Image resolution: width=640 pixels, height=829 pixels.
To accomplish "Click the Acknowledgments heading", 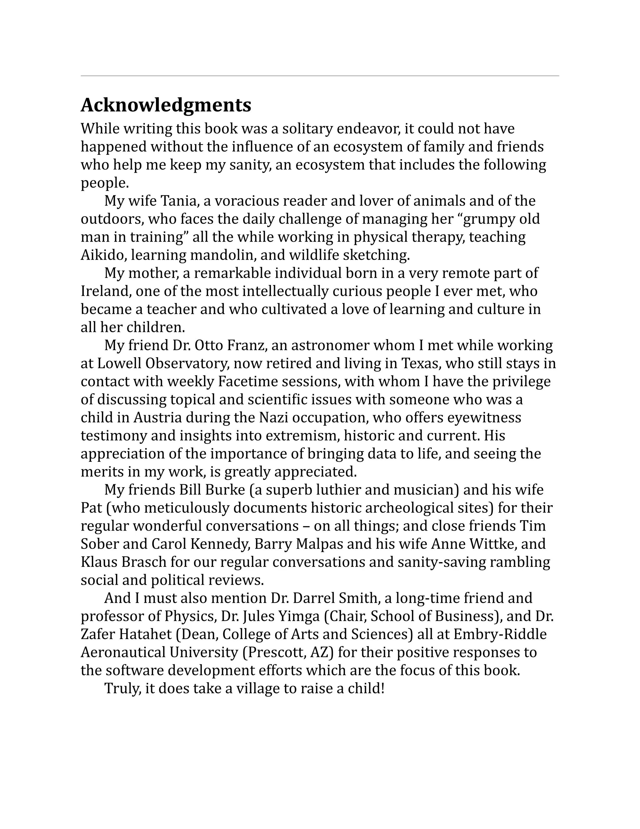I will coord(166,105).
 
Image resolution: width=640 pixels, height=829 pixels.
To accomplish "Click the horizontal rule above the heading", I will coord(320,76).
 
